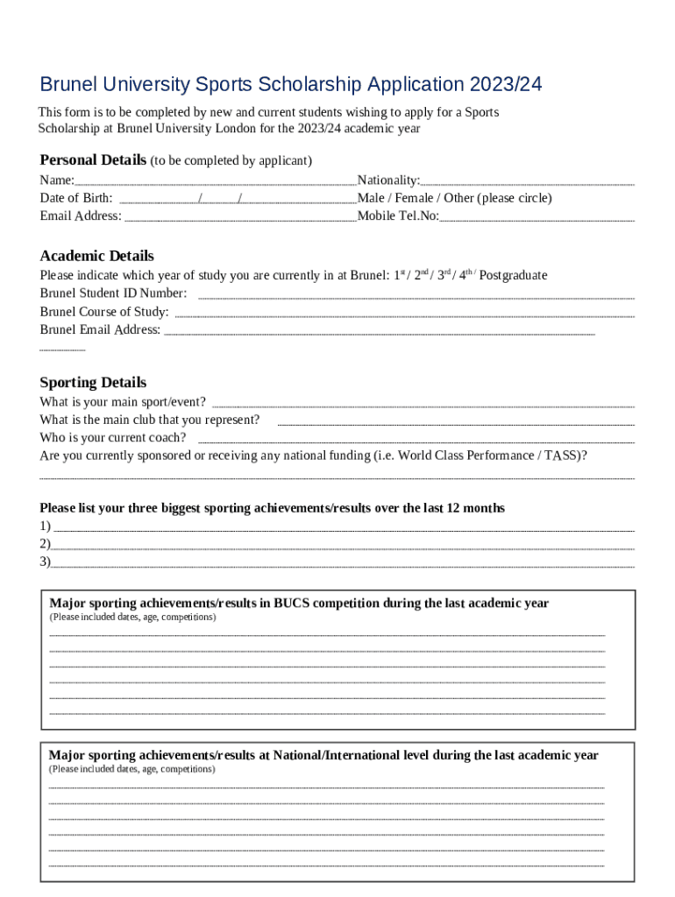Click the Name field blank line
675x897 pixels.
click(215, 183)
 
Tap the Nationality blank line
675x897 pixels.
click(527, 183)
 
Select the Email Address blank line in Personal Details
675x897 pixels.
click(239, 219)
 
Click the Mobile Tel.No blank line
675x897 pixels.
click(536, 219)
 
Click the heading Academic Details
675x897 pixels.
click(96, 256)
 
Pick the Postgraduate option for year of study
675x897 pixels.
click(513, 275)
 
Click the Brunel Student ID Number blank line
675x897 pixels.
click(416, 298)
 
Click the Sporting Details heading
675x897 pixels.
click(93, 383)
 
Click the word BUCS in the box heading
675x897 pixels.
click(291, 604)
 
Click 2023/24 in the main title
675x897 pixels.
click(506, 85)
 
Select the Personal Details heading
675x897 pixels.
click(93, 159)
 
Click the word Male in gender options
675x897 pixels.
click(372, 198)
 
